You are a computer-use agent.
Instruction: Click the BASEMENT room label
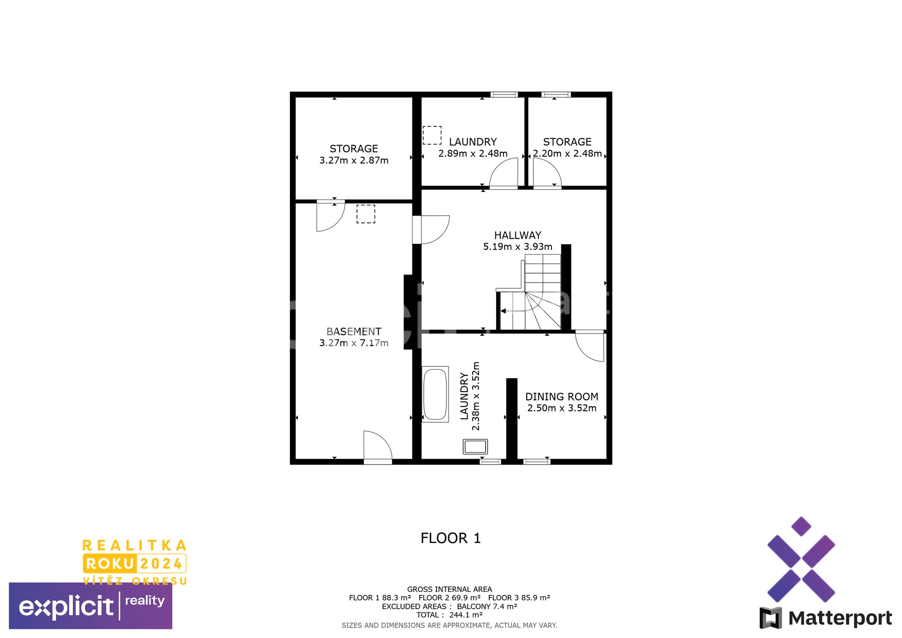[354, 332]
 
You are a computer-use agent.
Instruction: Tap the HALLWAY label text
[518, 235]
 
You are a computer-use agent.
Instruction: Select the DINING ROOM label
[562, 397]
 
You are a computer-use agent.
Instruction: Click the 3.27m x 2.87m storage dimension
[354, 160]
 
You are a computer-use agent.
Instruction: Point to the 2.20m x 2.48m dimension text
[568, 154]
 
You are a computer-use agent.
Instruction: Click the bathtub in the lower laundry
[435, 394]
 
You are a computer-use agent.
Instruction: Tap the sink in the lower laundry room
[475, 446]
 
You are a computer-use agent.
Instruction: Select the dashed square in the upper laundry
[432, 135]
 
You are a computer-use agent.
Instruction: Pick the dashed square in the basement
[366, 214]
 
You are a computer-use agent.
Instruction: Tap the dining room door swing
[590, 346]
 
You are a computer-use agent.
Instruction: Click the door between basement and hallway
[431, 230]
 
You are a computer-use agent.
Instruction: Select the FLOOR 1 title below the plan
[451, 538]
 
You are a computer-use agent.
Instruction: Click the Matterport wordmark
[840, 618]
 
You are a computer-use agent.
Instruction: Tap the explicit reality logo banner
[91, 606]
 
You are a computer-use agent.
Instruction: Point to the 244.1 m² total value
[466, 615]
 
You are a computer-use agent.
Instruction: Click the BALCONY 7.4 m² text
[487, 607]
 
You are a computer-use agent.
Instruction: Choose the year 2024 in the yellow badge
[161, 564]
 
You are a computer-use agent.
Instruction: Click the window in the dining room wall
[537, 462]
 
